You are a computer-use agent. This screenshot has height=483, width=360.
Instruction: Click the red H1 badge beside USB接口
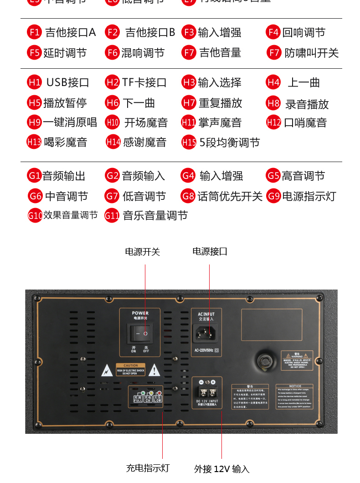click(x=34, y=82)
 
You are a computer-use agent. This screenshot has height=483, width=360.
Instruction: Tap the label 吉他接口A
click(x=71, y=32)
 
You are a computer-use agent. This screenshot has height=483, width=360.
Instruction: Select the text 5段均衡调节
click(x=230, y=142)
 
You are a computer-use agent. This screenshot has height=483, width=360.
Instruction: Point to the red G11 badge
click(x=112, y=215)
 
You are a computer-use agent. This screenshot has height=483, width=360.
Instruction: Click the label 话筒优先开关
click(x=230, y=196)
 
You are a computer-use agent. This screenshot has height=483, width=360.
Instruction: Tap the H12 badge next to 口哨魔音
click(x=273, y=122)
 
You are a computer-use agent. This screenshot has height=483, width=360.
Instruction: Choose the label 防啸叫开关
click(x=312, y=53)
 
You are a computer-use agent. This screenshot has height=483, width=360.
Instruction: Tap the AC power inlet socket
click(x=206, y=334)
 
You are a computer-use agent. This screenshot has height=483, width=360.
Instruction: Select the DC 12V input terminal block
click(x=207, y=392)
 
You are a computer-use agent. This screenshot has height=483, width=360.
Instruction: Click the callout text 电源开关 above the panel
click(x=143, y=252)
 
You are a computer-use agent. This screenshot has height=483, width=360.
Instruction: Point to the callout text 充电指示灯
click(x=148, y=468)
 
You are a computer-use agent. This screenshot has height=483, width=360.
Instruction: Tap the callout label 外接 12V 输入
click(x=222, y=469)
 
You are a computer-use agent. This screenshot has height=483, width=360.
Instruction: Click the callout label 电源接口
click(x=210, y=251)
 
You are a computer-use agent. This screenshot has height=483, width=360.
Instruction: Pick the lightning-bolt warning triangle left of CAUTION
click(x=107, y=371)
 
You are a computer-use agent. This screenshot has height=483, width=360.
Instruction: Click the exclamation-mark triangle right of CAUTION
click(x=154, y=370)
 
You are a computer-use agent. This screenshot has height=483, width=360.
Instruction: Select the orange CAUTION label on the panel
click(x=131, y=366)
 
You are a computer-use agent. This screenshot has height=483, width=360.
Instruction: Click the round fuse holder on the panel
click(x=264, y=362)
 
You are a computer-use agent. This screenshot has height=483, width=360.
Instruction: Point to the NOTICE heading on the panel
click(x=295, y=386)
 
